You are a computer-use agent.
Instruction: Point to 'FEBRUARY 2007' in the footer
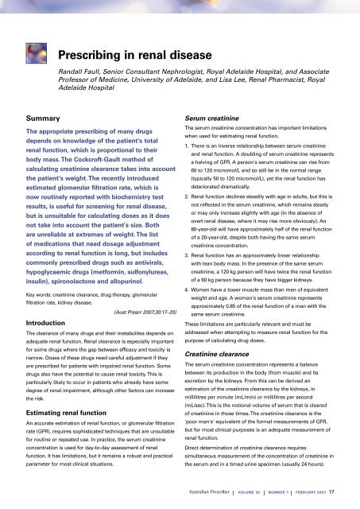pos(317,498)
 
